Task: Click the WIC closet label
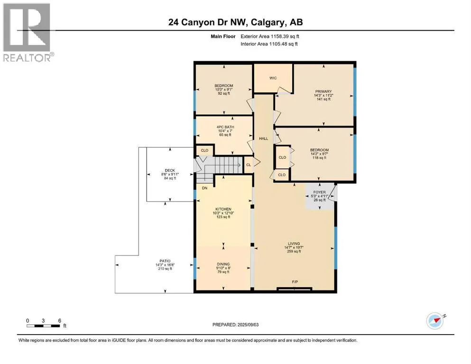click(x=273, y=78)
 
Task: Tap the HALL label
click(x=263, y=138)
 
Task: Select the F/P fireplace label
click(x=295, y=282)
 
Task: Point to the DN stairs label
click(x=204, y=188)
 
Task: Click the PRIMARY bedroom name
click(x=323, y=91)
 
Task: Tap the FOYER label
click(x=319, y=192)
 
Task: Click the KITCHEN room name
click(x=223, y=209)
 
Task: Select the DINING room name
click(x=223, y=264)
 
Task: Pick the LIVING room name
click(x=294, y=244)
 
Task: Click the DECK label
click(x=170, y=171)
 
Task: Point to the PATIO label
click(x=165, y=261)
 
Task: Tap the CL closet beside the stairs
click(x=249, y=165)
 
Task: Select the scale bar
click(x=43, y=326)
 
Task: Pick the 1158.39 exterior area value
click(x=281, y=36)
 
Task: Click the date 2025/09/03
click(x=248, y=325)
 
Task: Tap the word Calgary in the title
click(x=268, y=22)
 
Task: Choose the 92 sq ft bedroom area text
click(x=224, y=93)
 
